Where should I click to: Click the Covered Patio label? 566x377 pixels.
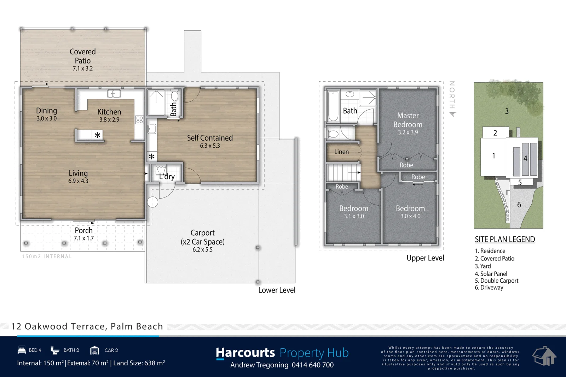point(83,56)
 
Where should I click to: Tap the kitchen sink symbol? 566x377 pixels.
point(114,94)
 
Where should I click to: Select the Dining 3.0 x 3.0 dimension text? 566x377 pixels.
point(46,118)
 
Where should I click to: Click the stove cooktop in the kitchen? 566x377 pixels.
point(139,120)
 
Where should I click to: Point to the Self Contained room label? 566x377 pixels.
point(210,138)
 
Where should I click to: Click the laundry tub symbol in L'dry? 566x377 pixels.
point(161,169)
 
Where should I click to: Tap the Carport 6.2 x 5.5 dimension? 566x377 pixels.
point(202,249)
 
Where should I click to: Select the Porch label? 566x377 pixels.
point(83,230)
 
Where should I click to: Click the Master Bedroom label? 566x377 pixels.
point(408,120)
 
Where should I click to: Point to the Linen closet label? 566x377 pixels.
point(341,152)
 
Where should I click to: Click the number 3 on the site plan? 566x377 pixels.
point(507,111)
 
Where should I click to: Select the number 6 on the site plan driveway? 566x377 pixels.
point(519,204)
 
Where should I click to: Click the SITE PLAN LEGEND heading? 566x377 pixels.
point(505,239)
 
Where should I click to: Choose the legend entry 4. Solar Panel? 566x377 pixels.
point(491,274)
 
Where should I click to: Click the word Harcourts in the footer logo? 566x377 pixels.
point(245,353)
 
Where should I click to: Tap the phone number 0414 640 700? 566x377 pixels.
point(313,365)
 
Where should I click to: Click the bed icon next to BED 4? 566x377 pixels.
point(22,350)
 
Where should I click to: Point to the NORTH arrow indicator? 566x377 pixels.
point(452,114)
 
